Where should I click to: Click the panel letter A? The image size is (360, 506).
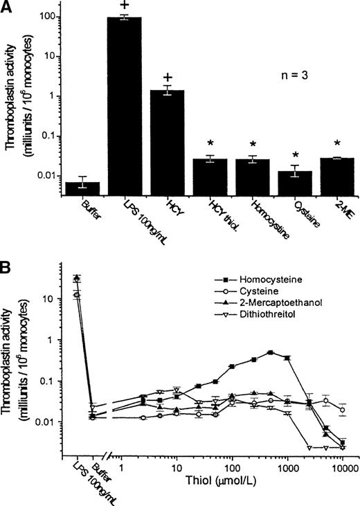[9, 8]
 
